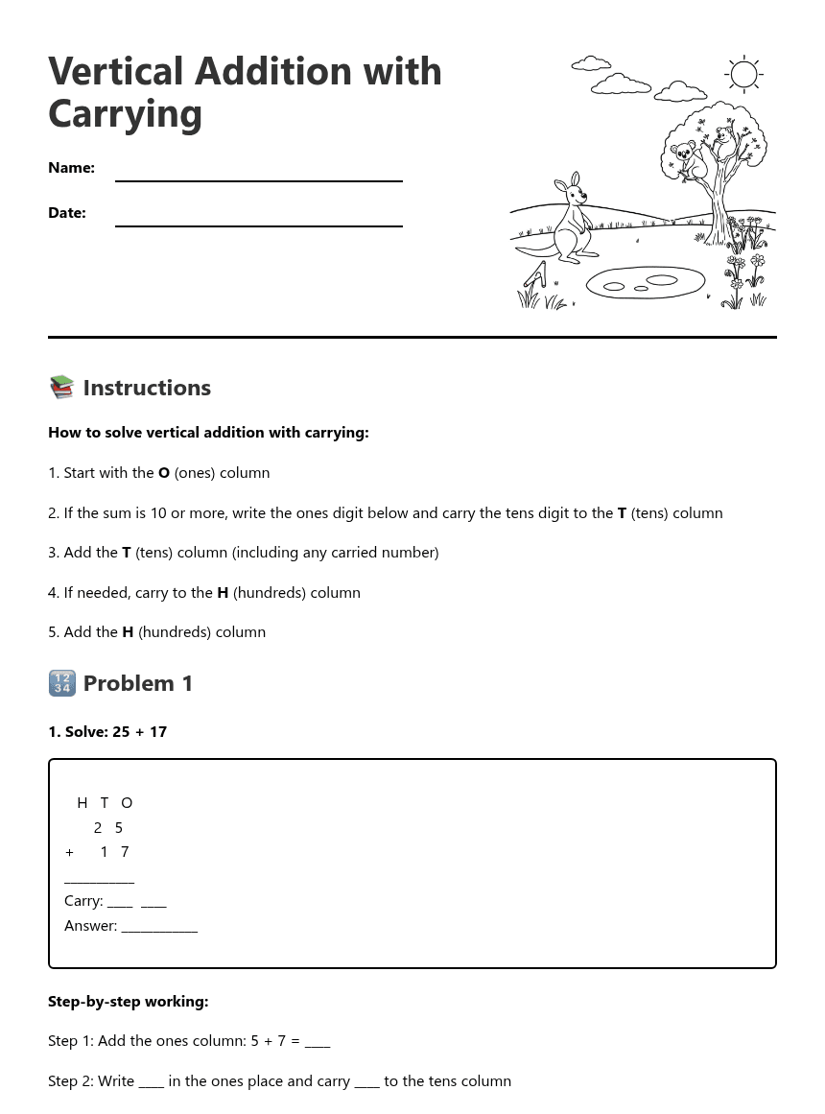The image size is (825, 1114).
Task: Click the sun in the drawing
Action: coord(743,74)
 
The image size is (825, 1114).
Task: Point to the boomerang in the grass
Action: coord(534,278)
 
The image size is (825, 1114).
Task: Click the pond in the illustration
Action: coord(645,282)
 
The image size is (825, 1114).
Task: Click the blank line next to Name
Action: coord(258,173)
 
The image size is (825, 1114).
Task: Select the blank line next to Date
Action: coord(258,218)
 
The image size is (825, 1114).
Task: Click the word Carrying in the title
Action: coord(125,113)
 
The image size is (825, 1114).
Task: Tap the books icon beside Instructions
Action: coord(61,388)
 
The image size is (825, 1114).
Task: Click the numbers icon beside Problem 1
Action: coord(61,683)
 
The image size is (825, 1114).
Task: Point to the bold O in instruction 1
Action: coord(164,473)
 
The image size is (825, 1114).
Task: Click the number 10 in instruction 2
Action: coord(158,513)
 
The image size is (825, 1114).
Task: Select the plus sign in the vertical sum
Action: coord(69,852)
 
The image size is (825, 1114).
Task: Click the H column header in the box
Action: coord(82,803)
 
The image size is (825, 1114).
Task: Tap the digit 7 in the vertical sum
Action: coord(125,852)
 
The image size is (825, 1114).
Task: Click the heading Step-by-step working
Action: coord(128,1002)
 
